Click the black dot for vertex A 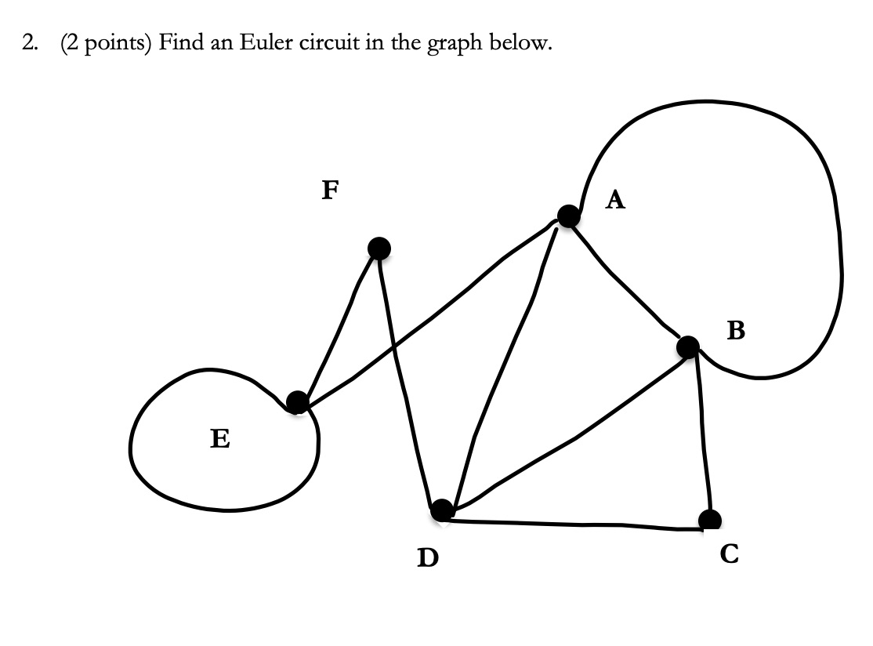[569, 215]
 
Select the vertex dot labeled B [688, 346]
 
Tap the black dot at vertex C [710, 519]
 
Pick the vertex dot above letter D [442, 510]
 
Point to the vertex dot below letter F [379, 249]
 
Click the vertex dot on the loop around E [297, 402]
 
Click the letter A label [616, 201]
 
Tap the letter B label [736, 332]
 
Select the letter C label [728, 554]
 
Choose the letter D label [427, 557]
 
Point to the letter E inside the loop [220, 438]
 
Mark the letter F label [331, 190]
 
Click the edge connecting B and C [703, 431]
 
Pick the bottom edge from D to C [576, 523]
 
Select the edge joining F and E [338, 325]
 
